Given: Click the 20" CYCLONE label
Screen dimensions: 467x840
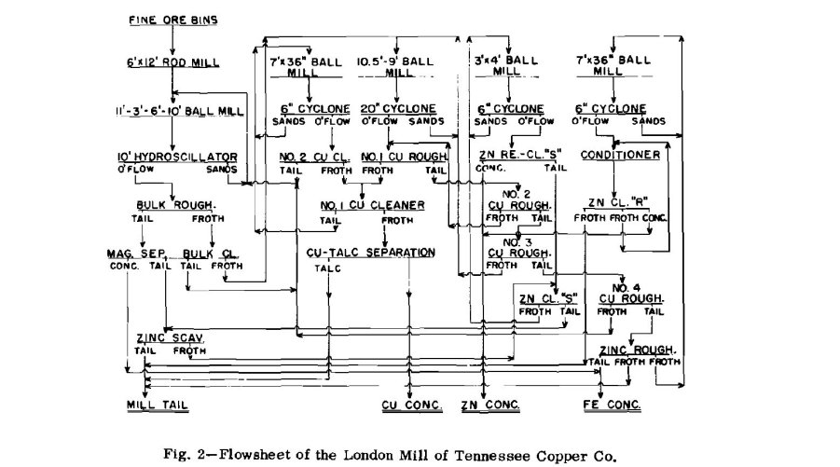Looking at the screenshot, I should coord(400,108).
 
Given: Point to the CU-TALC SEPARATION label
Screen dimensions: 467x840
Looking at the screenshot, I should coord(370,253).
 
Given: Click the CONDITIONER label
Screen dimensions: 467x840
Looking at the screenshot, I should coord(620,155).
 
